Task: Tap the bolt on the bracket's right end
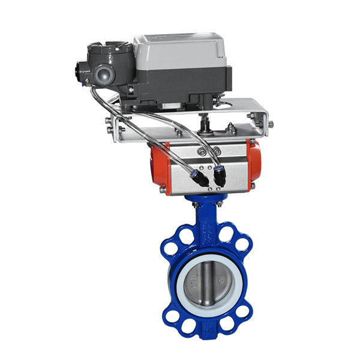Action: click(x=271, y=124)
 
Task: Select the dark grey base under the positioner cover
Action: click(x=180, y=87)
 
